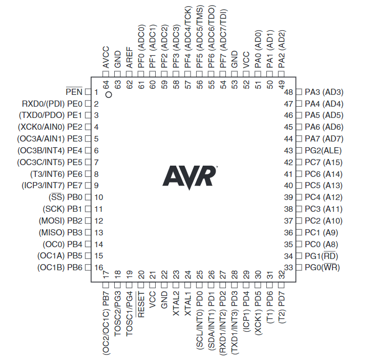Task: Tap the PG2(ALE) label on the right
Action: click(x=323, y=151)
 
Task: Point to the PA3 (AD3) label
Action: click(x=324, y=92)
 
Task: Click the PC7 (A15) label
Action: click(x=323, y=163)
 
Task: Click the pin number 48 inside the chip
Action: click(x=288, y=92)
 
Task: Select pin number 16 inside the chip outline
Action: click(x=98, y=268)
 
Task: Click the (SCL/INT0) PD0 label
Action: click(x=200, y=318)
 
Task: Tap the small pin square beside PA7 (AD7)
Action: click(x=299, y=139)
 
